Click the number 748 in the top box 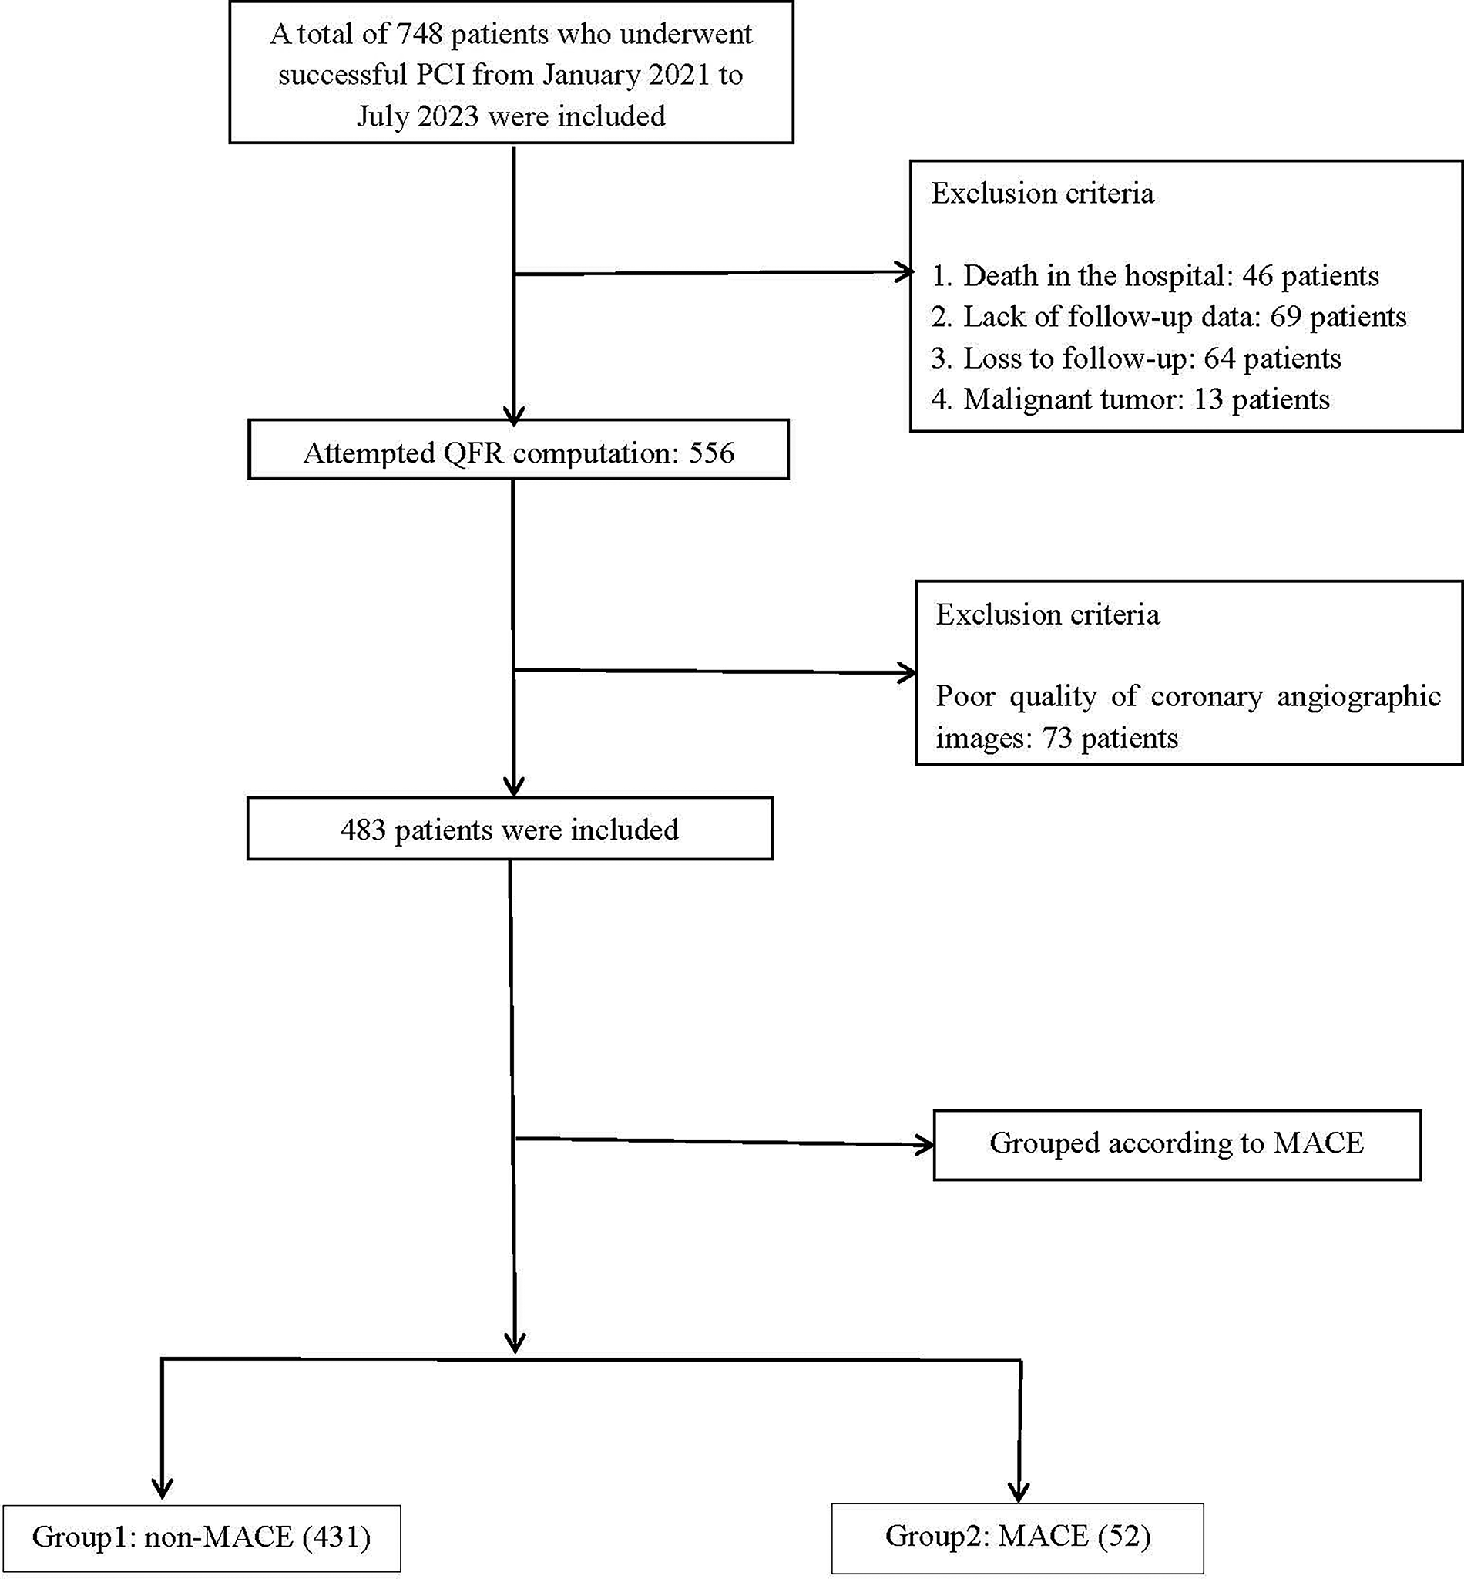pyautogui.click(x=419, y=35)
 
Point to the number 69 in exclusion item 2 pyautogui.click(x=1286, y=317)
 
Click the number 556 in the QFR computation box pyautogui.click(x=710, y=453)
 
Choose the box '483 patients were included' pyautogui.click(x=509, y=830)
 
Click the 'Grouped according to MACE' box pyautogui.click(x=1177, y=1144)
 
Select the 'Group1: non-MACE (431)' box pyautogui.click(x=201, y=1537)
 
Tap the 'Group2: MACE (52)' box pyautogui.click(x=1017, y=1536)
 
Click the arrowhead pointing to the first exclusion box pyautogui.click(x=905, y=273)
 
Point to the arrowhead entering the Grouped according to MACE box pyautogui.click(x=925, y=1145)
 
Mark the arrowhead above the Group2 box pyautogui.click(x=1018, y=1490)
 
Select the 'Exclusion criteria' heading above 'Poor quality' pyautogui.click(x=1047, y=615)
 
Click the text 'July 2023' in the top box pyautogui.click(x=417, y=116)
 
